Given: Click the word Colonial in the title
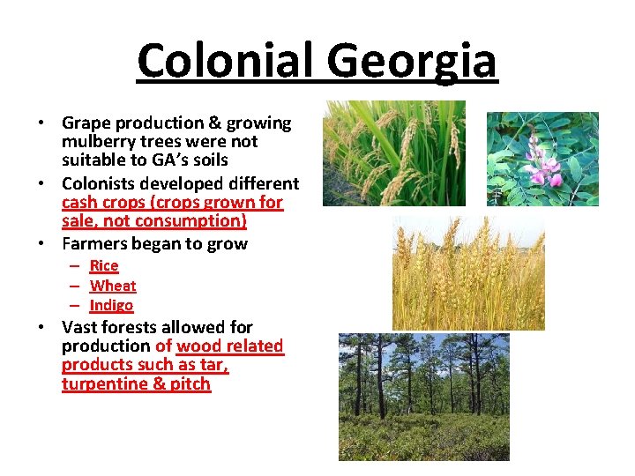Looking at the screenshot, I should (228, 62).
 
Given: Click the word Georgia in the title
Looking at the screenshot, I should (413, 62).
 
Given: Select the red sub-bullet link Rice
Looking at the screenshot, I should (104, 265).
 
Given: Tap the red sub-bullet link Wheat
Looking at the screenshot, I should (113, 286).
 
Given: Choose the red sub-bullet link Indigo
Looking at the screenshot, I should (111, 305).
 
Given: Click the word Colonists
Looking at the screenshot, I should (99, 183).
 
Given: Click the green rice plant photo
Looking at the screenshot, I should (393, 152).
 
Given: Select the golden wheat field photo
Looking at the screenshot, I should (468, 273).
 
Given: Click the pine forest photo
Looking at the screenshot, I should (424, 396).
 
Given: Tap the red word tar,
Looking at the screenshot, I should (214, 365).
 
